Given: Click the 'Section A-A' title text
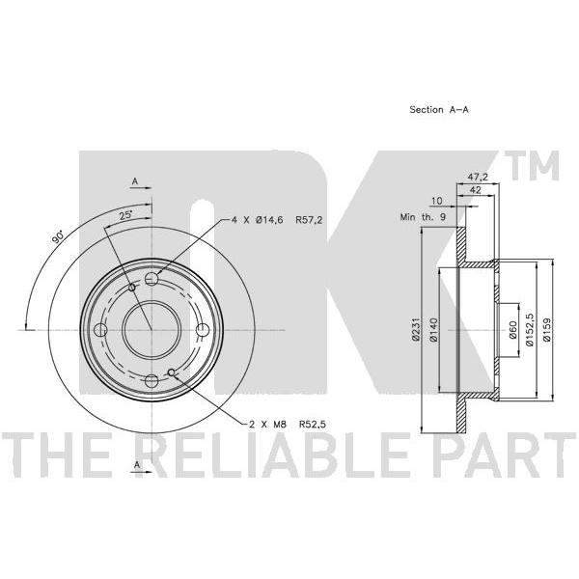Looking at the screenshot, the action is (x=439, y=110).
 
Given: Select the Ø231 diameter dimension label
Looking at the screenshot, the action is (x=416, y=329).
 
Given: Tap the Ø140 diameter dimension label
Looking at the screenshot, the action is (x=433, y=330).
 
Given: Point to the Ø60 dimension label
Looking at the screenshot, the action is (x=512, y=330).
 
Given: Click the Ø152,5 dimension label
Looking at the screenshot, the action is (x=530, y=329).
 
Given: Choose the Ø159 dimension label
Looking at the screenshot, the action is (x=547, y=330).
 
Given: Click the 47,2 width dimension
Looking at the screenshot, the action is (x=478, y=177).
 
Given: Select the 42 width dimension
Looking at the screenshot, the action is (x=475, y=190).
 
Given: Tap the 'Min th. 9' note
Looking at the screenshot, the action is (x=424, y=217).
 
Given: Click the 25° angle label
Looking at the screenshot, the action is (x=126, y=215).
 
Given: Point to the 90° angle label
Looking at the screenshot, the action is (x=58, y=237).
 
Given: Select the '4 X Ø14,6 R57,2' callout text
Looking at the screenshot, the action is (x=277, y=220).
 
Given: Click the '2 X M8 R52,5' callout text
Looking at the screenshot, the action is (x=288, y=425).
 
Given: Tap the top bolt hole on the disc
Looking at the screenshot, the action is (x=152, y=279).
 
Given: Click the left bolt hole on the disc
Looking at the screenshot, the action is (x=100, y=330).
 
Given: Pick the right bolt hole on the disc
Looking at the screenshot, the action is (x=202, y=330).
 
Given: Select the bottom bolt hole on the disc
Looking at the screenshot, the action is (x=152, y=380).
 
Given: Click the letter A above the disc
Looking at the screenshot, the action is (x=135, y=181).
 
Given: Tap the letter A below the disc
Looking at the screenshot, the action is (x=137, y=465).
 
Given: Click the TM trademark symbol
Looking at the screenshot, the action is (x=535, y=165).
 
